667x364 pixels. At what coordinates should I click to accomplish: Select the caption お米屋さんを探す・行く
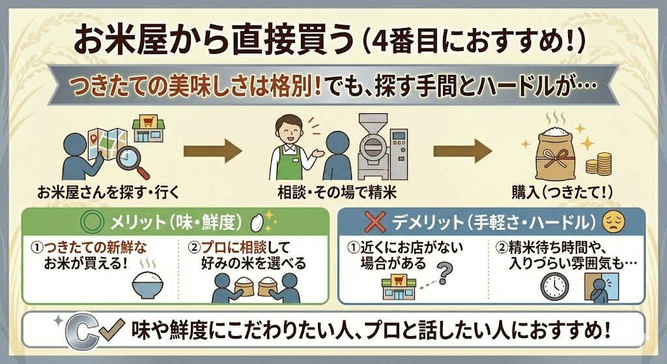coord(108,192)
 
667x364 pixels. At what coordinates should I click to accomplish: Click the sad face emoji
coord(611,222)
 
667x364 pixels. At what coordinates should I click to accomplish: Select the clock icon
coord(554,285)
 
